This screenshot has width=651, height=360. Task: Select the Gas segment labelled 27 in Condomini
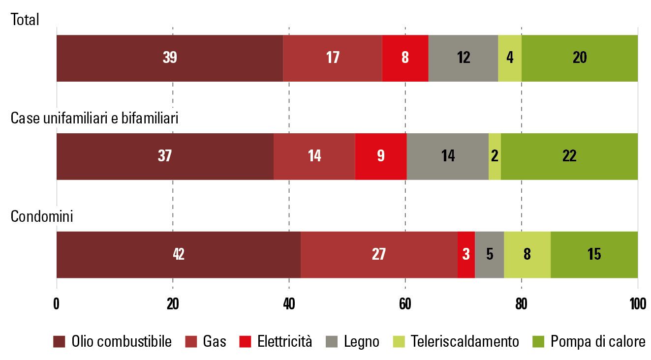click(379, 255)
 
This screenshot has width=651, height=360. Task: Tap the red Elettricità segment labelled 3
click(466, 255)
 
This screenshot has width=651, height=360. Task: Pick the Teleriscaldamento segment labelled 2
click(495, 156)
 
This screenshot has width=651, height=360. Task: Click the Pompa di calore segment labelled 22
click(569, 156)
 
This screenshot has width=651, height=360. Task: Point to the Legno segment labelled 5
click(489, 255)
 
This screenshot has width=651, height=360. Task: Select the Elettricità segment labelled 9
click(380, 156)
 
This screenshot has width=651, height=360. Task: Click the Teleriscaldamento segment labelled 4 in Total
click(510, 58)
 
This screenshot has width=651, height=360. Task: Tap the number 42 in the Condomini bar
click(178, 255)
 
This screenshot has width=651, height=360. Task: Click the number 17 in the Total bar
click(333, 58)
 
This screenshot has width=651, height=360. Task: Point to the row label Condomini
click(42, 216)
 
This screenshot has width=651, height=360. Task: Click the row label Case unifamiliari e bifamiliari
click(94, 119)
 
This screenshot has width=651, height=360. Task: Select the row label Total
click(25, 20)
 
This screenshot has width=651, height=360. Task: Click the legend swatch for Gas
click(191, 342)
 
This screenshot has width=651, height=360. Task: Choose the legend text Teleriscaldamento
click(465, 342)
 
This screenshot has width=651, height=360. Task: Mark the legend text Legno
click(362, 342)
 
